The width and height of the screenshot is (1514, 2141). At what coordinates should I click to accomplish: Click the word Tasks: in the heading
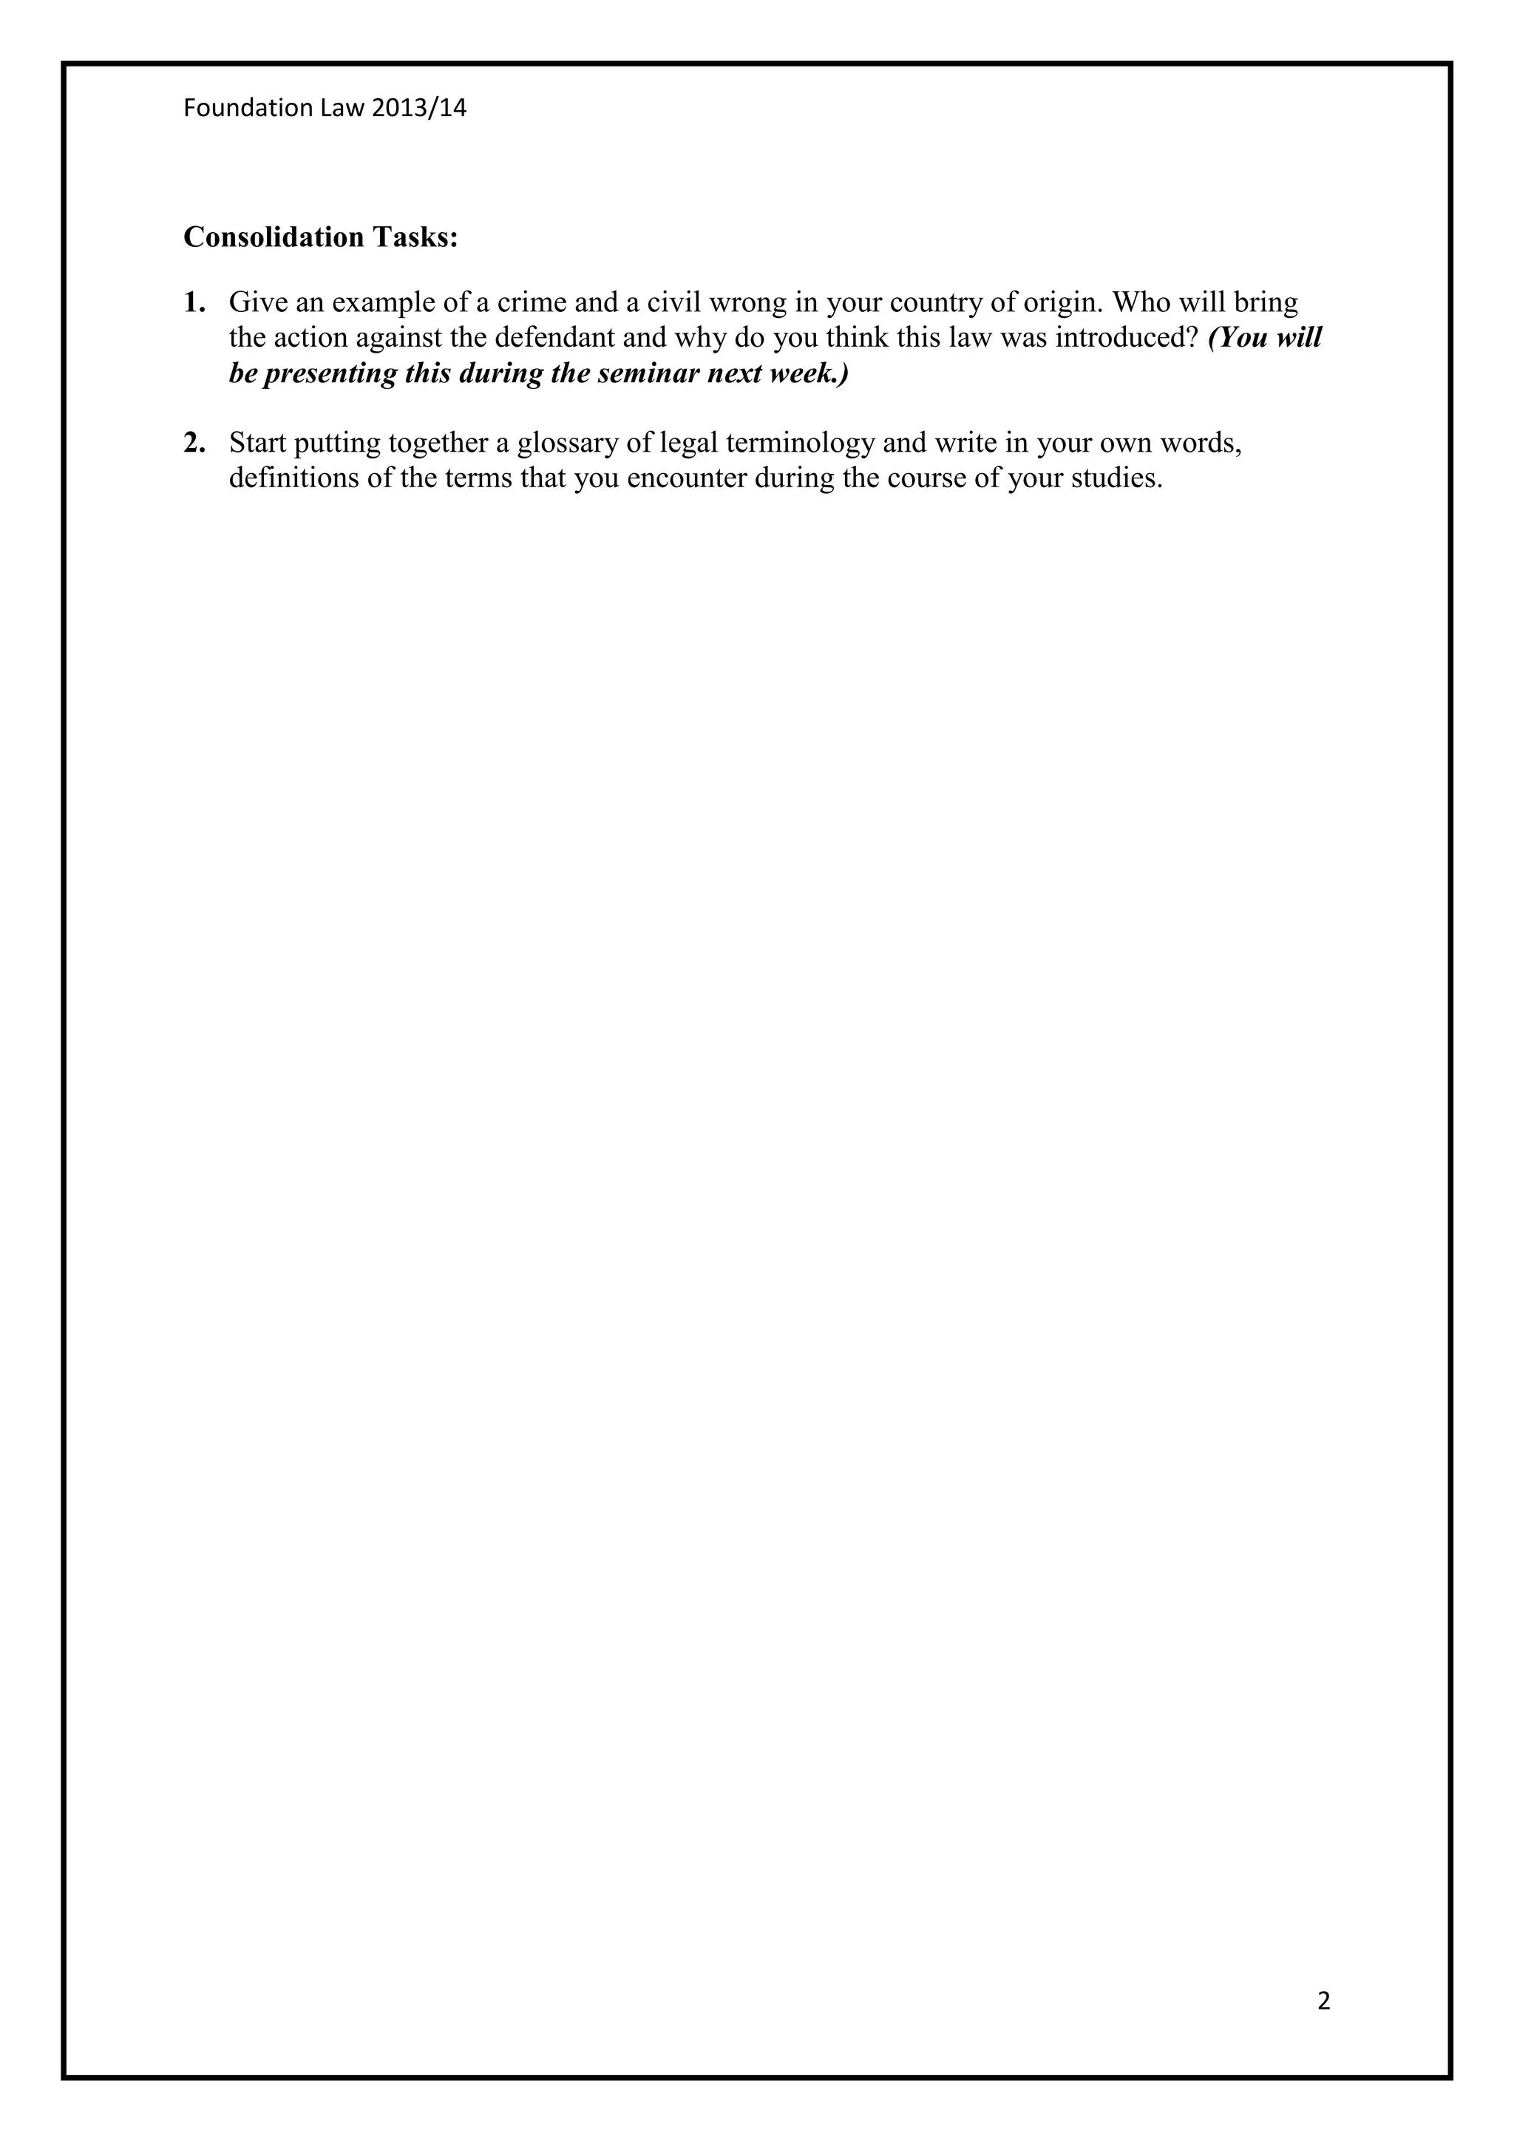415,238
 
